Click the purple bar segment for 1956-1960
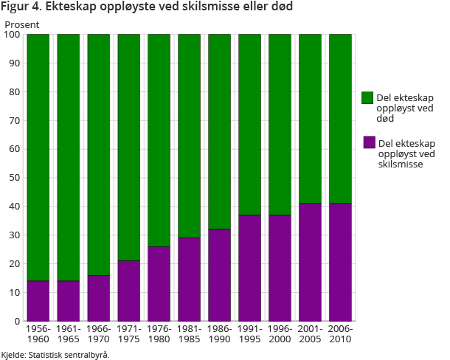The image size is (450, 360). click(38, 301)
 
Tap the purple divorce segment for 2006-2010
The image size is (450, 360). click(340, 262)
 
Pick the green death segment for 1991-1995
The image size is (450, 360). click(249, 125)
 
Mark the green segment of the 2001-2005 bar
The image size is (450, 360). click(310, 119)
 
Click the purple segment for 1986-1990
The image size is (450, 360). click(219, 275)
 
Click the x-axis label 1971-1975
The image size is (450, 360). click(128, 334)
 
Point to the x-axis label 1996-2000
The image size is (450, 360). click(280, 334)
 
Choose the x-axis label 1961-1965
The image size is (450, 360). click(68, 334)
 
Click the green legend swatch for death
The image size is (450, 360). click(367, 97)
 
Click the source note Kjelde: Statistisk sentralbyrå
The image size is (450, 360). click(55, 355)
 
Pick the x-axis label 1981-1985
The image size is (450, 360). click(189, 334)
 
